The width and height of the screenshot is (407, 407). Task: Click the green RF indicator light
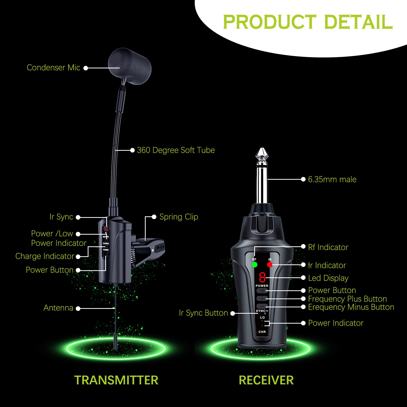click(254, 265)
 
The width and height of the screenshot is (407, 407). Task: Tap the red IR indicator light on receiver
click(270, 265)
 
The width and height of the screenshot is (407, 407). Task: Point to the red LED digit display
click(262, 277)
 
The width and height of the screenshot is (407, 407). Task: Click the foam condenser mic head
click(130, 66)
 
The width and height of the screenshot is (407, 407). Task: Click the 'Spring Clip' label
click(178, 217)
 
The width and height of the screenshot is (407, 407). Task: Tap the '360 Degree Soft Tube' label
click(176, 150)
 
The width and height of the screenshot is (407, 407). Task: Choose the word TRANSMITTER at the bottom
click(116, 380)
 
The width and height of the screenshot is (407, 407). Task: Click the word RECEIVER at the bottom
click(266, 380)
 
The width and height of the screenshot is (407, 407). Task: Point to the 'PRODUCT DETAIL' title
click(308, 22)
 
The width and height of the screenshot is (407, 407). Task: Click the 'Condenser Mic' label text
click(53, 68)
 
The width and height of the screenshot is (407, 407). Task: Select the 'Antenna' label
click(58, 308)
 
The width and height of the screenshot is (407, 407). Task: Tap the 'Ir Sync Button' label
click(203, 313)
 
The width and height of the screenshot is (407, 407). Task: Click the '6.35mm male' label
click(332, 179)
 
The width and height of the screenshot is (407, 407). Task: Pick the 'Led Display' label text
click(328, 278)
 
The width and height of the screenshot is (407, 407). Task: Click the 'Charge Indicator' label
click(45, 256)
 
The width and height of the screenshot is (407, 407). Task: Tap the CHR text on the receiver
click(262, 332)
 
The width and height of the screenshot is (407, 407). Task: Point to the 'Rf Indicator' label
click(328, 247)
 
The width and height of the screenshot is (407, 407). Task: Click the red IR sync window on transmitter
click(106, 228)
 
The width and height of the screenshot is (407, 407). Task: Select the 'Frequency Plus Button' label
click(347, 299)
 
